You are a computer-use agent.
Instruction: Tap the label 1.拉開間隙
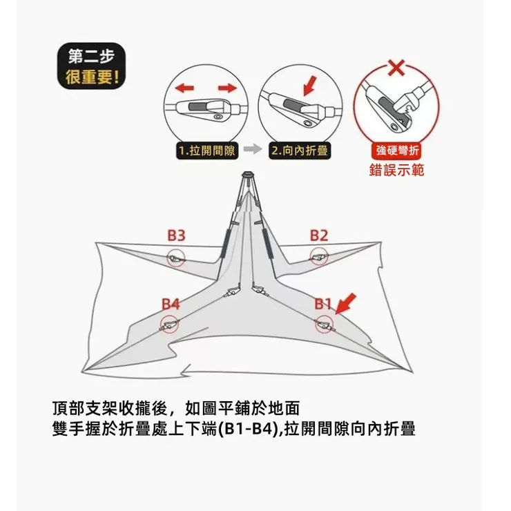pos(206,150)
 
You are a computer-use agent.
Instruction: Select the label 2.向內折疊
pos(300,150)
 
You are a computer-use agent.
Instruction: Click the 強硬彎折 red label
pos(396,151)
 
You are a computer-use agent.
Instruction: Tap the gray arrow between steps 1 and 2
pos(253,150)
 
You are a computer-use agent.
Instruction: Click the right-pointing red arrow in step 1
pos(227,88)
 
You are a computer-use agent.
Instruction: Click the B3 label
pos(177,235)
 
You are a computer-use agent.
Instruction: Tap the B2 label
pos(318,235)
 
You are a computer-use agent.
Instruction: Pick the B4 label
pos(171,304)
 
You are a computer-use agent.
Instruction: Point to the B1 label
pos(324,304)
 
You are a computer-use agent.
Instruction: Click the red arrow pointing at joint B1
pos(347,302)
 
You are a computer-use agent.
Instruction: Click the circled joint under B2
pos(318,258)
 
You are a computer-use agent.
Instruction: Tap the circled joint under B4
pos(169,325)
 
